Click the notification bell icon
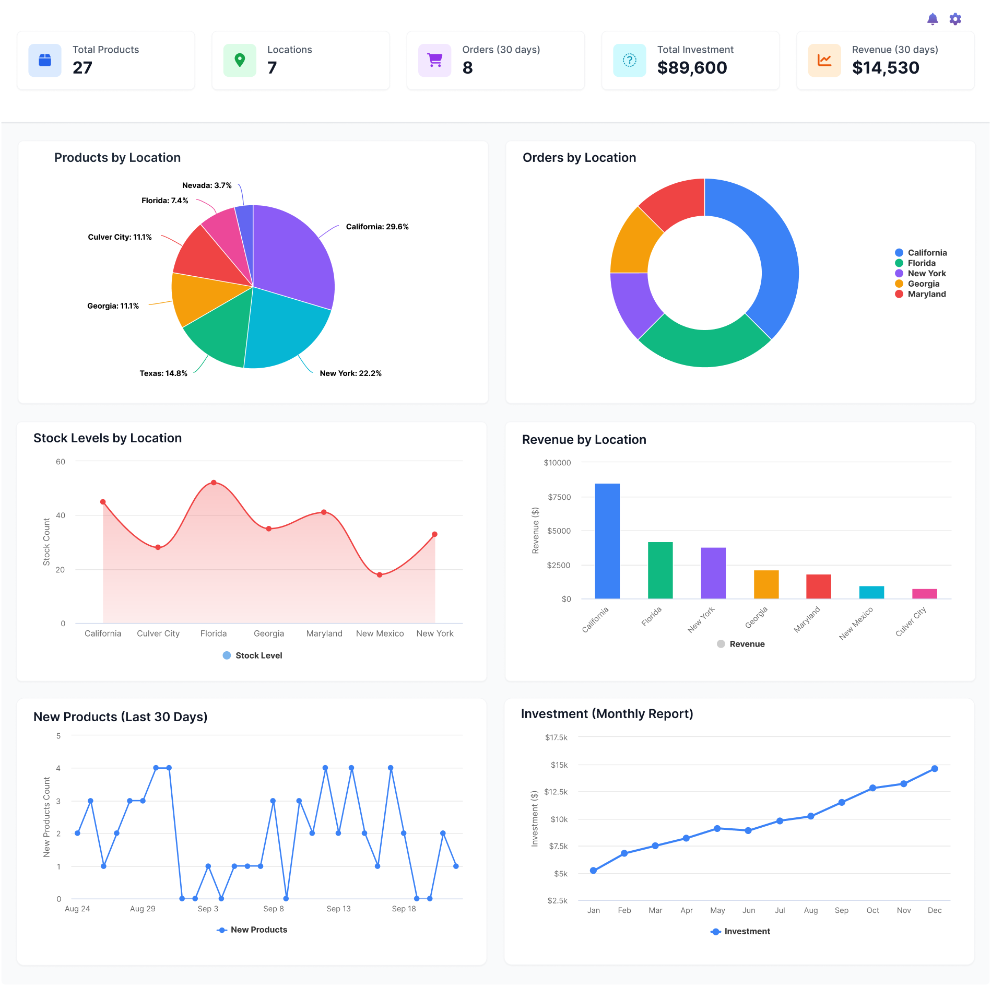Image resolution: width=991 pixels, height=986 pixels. click(x=932, y=19)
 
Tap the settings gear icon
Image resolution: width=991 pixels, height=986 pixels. click(x=955, y=19)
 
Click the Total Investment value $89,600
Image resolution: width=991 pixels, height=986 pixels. click(x=692, y=68)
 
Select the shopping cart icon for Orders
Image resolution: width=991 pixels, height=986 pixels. click(x=434, y=61)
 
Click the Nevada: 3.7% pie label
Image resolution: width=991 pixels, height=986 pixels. click(x=207, y=185)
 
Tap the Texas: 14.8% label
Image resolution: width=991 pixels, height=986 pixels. click(x=163, y=373)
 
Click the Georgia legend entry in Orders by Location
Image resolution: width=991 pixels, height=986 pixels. click(x=923, y=284)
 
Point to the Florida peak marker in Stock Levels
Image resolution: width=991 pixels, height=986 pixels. click(x=214, y=483)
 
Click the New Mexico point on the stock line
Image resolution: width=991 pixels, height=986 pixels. click(x=380, y=574)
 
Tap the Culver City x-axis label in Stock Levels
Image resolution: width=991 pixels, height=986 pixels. click(x=158, y=633)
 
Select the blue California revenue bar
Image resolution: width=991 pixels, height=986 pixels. click(x=607, y=541)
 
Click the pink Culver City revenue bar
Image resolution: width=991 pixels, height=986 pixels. click(x=924, y=594)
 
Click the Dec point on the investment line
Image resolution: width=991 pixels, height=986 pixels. click(x=935, y=769)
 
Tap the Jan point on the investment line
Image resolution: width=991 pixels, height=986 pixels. click(x=593, y=871)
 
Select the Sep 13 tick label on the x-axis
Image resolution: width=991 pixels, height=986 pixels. click(x=338, y=909)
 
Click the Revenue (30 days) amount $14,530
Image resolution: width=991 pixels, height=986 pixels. click(x=886, y=68)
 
